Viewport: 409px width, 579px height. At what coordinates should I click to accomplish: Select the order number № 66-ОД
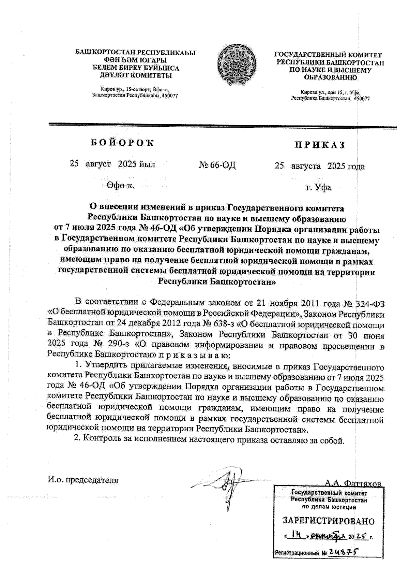217,165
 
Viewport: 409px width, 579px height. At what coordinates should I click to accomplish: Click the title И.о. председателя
83,480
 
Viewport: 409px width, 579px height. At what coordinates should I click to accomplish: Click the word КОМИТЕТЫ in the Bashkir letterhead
151,75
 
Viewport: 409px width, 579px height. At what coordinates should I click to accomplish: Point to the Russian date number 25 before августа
279,166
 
